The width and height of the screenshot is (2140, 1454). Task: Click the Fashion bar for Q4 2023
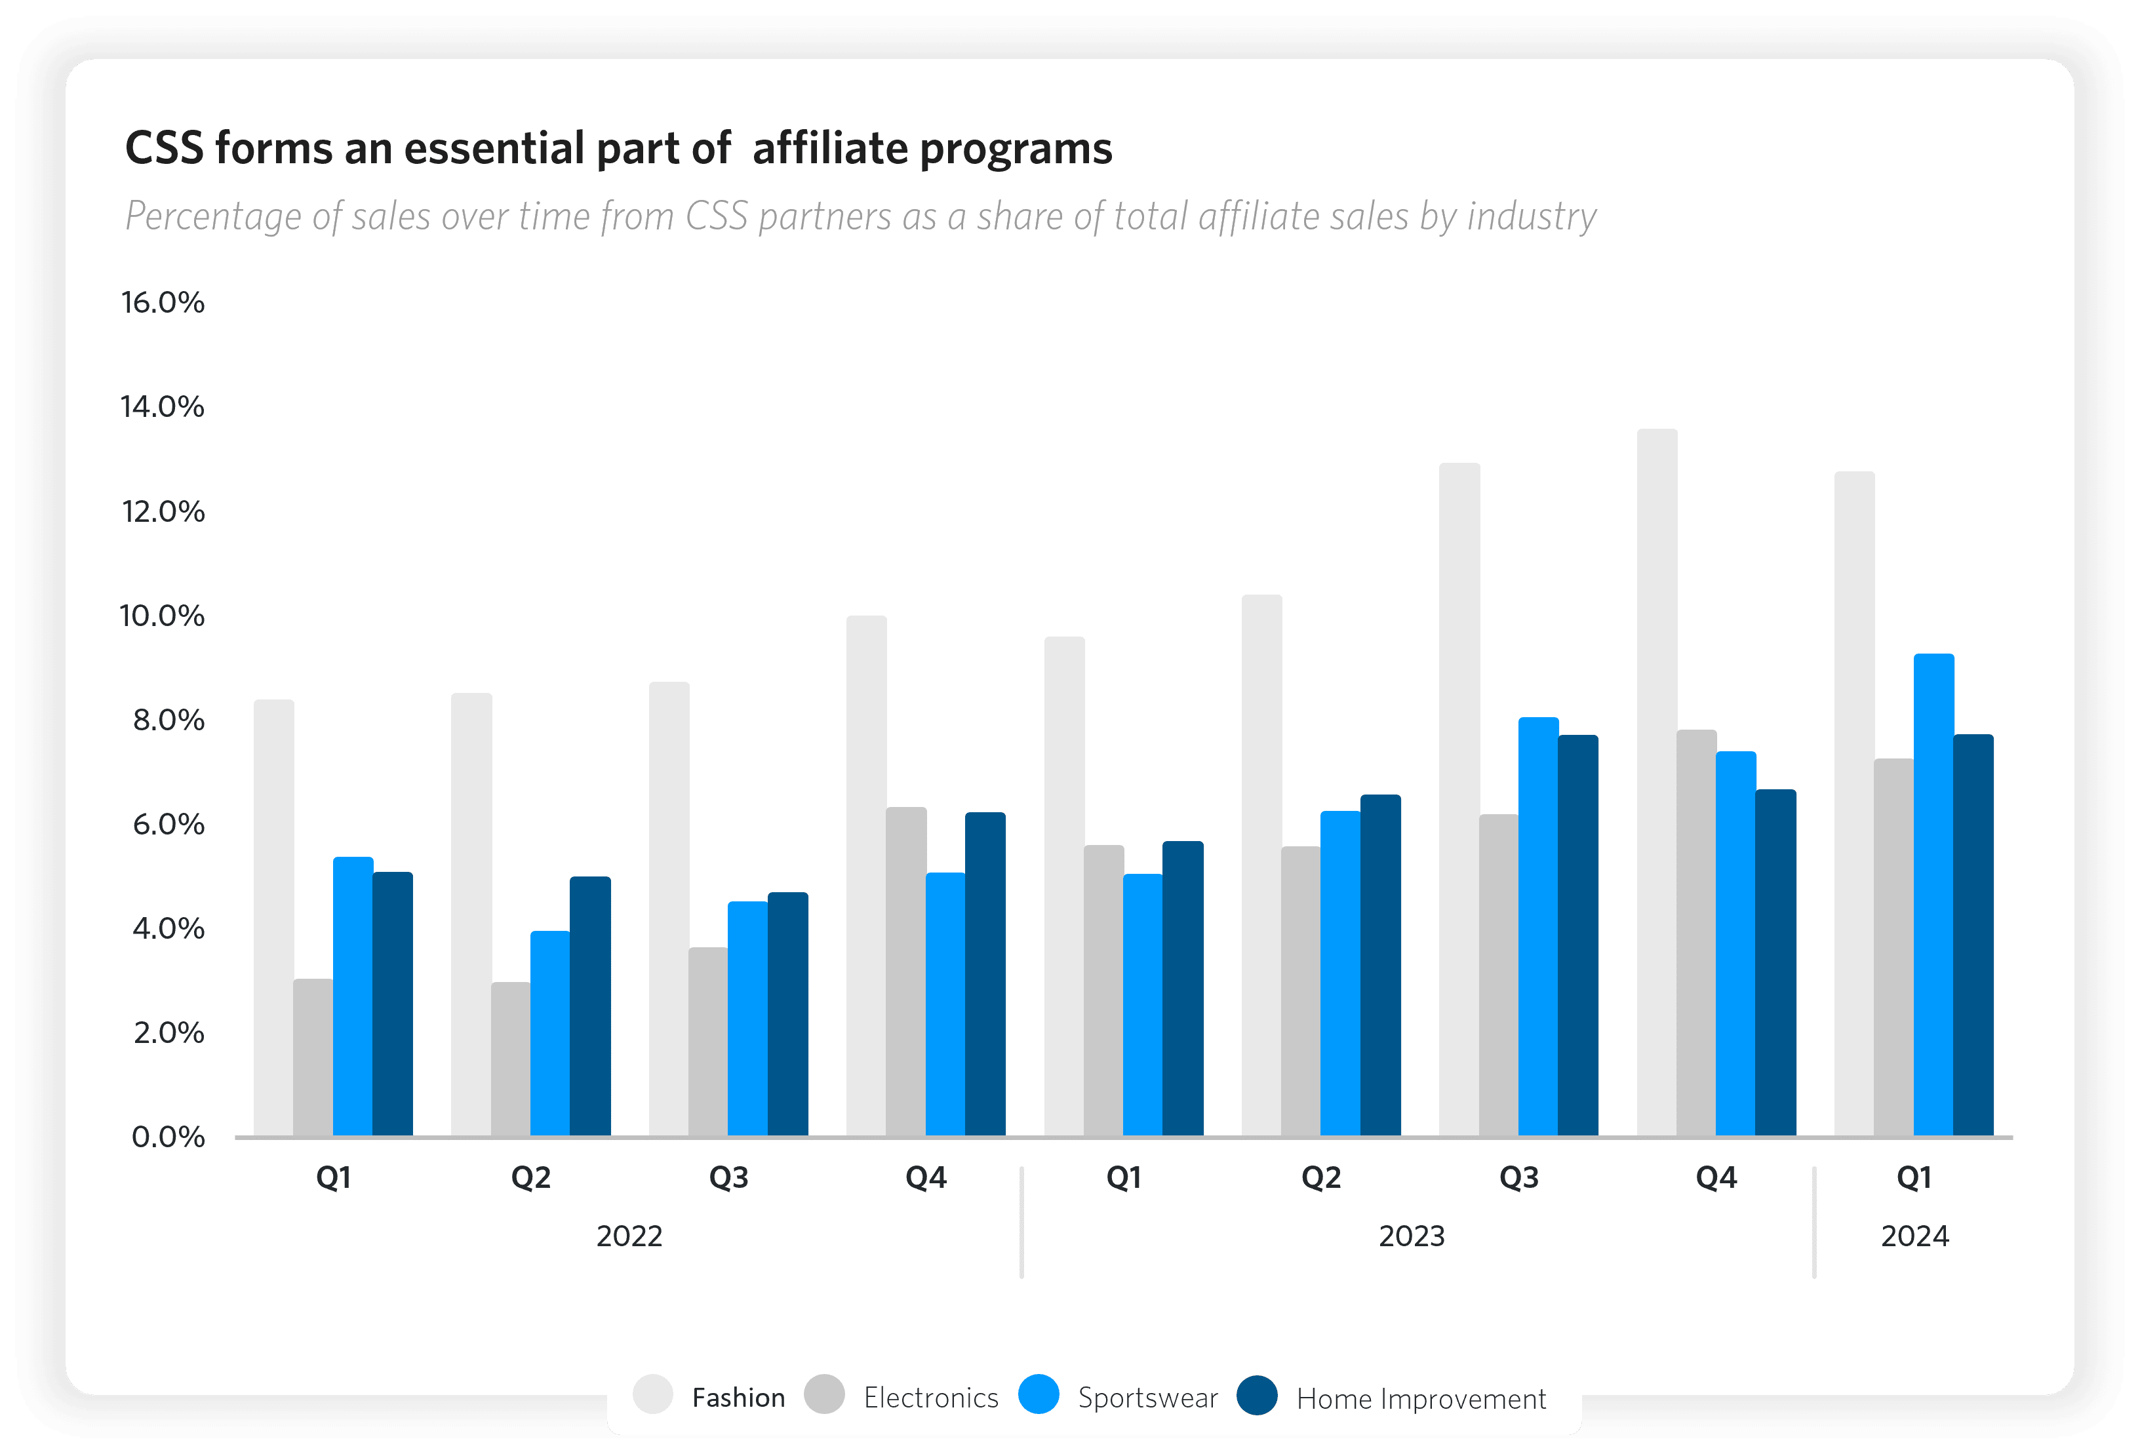1657,783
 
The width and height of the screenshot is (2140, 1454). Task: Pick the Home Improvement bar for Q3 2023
1578,935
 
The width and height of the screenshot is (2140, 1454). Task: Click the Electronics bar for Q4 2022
906,972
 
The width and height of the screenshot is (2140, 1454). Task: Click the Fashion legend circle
653,1394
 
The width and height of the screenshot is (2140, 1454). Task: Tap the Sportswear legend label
1147,1398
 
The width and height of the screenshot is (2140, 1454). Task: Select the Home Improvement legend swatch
1257,1394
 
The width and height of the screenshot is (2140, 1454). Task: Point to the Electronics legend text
931,1398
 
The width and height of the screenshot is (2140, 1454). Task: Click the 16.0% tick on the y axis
163,303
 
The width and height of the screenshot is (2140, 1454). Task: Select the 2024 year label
1914,1236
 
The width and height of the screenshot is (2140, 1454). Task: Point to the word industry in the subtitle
1532,218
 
